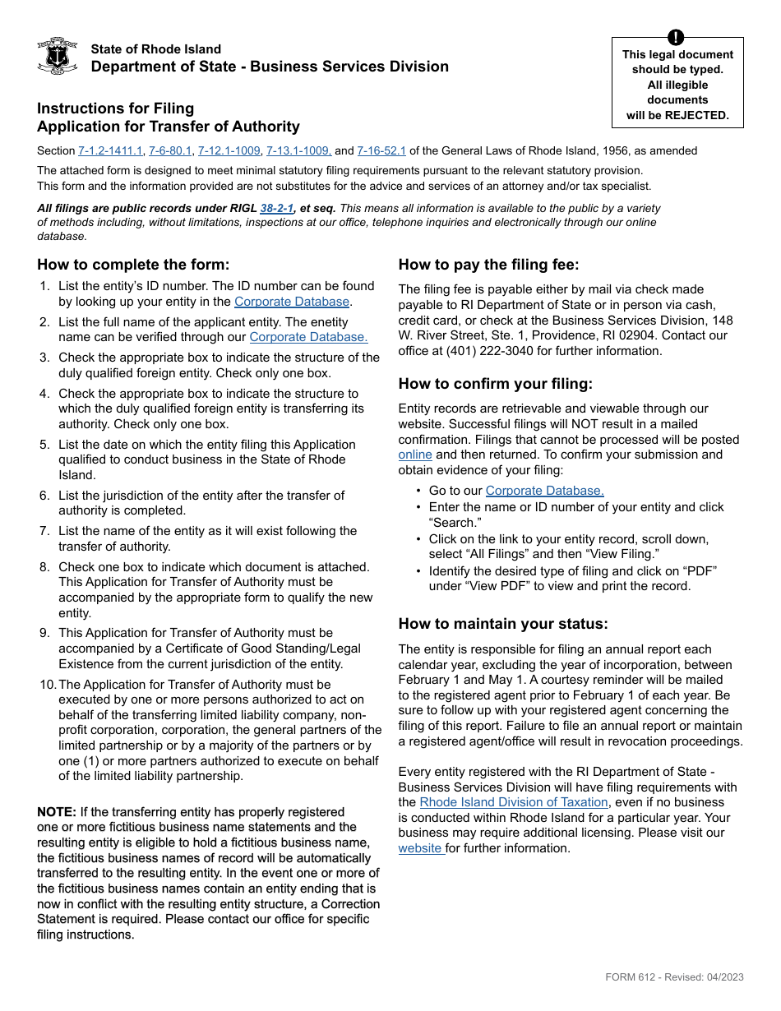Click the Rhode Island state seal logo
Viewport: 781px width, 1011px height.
pos(58,56)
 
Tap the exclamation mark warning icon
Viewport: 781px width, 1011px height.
pos(676,37)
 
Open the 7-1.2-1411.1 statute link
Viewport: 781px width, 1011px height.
pos(110,151)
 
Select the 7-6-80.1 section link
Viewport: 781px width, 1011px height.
pos(170,151)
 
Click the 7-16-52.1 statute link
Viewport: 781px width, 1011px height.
pos(381,151)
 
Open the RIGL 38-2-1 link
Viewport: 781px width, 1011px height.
pos(277,209)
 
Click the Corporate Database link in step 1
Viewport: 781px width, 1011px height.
pos(292,302)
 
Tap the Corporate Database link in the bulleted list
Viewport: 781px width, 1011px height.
pos(544,491)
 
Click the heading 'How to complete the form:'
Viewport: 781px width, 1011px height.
pos(133,265)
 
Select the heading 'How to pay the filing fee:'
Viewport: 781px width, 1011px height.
pos(488,265)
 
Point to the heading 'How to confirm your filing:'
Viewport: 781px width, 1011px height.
pos(495,384)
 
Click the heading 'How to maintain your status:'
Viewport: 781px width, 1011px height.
pos(503,624)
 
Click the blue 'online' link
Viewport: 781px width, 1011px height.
pos(415,455)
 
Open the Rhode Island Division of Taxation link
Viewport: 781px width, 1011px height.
pos(514,802)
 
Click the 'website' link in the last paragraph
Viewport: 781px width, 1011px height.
pos(421,848)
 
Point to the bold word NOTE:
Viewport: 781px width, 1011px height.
pos(57,812)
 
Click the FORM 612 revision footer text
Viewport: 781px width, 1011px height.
pos(674,977)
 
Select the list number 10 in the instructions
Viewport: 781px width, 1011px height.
pos(47,685)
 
